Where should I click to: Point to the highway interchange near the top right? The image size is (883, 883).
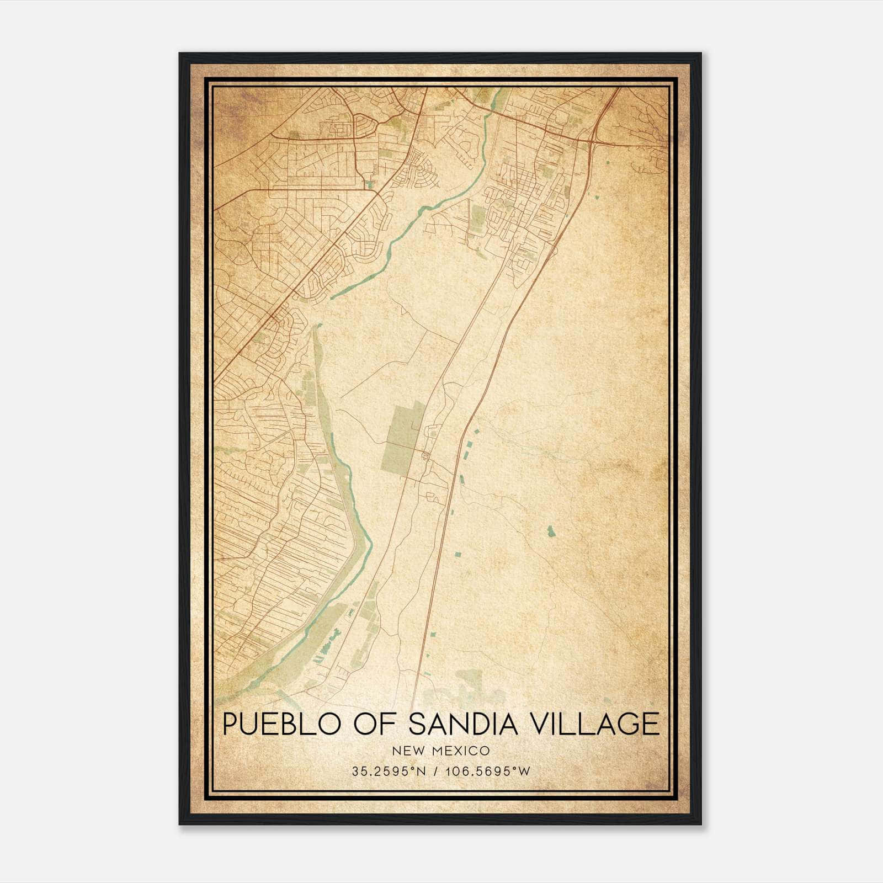(594, 141)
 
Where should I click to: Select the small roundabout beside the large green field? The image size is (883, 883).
(424, 455)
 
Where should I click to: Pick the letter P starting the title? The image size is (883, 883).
(231, 724)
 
